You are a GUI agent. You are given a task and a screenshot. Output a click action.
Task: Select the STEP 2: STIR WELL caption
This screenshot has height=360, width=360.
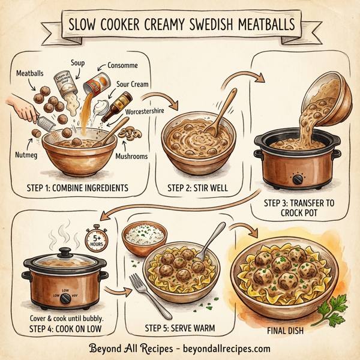194,187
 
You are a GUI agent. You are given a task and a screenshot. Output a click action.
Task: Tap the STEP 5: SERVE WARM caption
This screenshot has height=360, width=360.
180,328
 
